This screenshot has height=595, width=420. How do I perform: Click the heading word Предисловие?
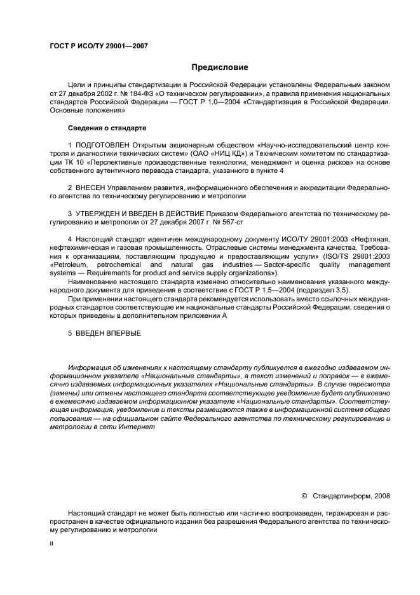219,67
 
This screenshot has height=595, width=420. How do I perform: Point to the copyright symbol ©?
304,496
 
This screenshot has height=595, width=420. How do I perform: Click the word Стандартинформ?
342,496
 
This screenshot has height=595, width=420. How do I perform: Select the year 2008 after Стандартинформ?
383,496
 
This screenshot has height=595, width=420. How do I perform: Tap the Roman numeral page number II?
52,544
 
